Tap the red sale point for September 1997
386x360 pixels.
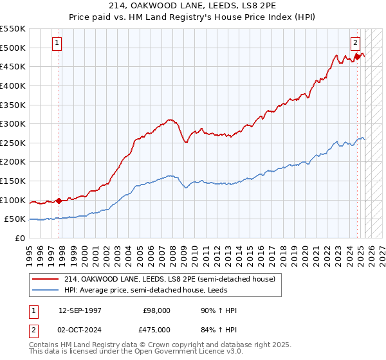point(59,201)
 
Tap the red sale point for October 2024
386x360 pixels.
point(358,57)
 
